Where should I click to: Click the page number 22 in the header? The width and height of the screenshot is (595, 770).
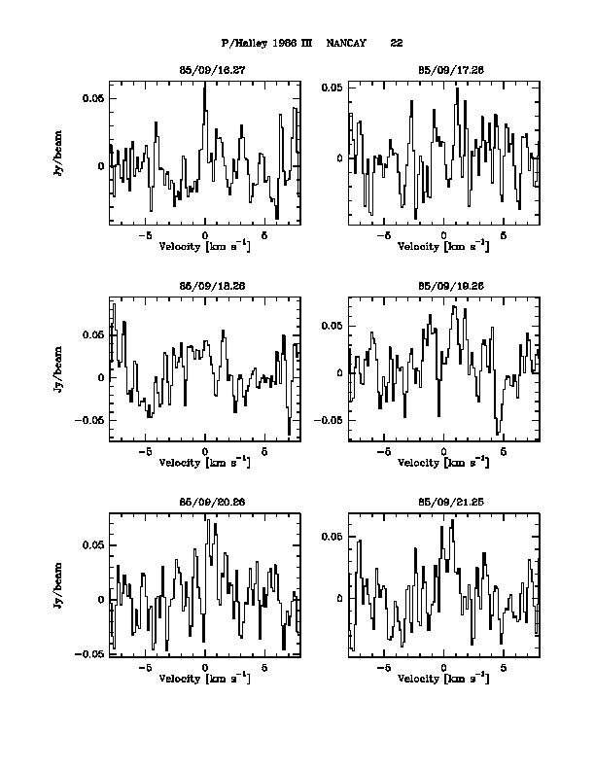tap(397, 44)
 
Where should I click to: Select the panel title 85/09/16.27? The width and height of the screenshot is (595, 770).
tap(205, 71)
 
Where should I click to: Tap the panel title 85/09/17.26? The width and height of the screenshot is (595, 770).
tap(443, 71)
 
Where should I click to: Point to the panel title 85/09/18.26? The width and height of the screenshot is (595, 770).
tap(205, 287)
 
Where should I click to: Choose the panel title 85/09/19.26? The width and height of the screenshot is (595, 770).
tap(443, 287)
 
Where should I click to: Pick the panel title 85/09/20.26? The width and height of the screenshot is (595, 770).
tap(205, 503)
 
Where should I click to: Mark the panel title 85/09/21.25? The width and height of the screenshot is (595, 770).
tap(443, 503)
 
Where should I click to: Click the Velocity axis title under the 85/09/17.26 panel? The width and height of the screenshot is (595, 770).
tap(443, 247)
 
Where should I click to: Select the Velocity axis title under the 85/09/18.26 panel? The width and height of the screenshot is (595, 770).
tap(204, 463)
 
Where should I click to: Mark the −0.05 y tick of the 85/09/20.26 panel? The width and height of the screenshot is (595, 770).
tap(89, 654)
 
